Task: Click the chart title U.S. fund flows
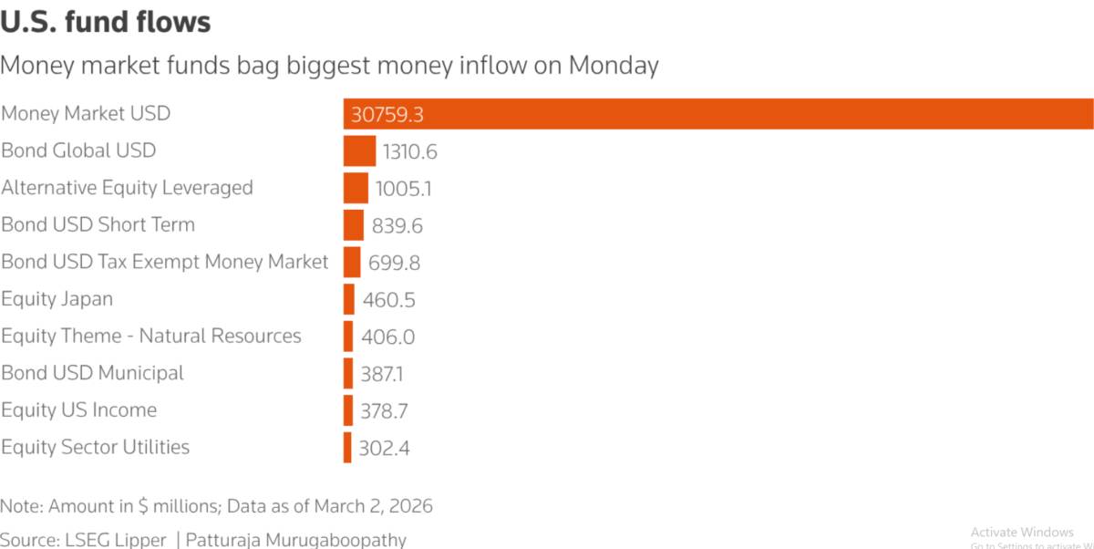(x=106, y=23)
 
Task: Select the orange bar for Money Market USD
(x=718, y=114)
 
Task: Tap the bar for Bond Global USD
(x=359, y=150)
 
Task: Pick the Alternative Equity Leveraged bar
(x=356, y=188)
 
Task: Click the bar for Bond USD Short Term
(x=354, y=225)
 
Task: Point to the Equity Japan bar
(x=348, y=299)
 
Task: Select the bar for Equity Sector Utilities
(x=347, y=448)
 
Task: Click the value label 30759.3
(x=387, y=115)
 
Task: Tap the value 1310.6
(x=409, y=152)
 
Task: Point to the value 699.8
(x=394, y=263)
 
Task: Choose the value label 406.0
(x=388, y=337)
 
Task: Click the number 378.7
(x=384, y=411)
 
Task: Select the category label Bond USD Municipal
(x=92, y=373)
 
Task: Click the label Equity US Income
(x=79, y=410)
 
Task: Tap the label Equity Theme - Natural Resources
(x=151, y=336)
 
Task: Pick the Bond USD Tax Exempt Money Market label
(x=165, y=262)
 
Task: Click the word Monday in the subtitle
(x=614, y=66)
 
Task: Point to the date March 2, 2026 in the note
(x=374, y=506)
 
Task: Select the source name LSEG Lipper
(x=115, y=540)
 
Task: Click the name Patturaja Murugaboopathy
(x=296, y=540)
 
